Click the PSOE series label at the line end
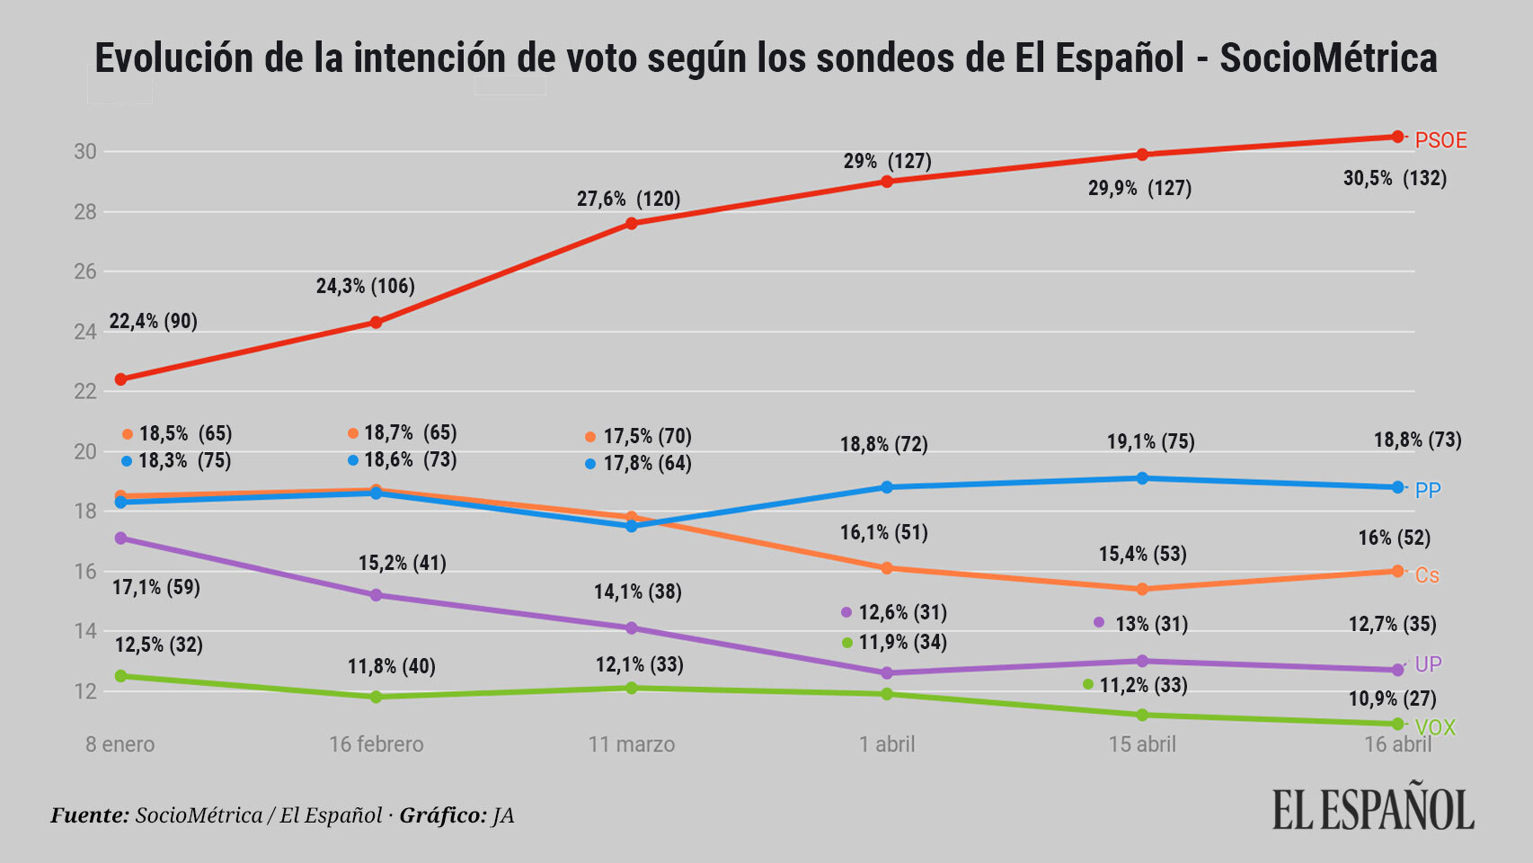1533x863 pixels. (1440, 140)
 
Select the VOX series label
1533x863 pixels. (1435, 727)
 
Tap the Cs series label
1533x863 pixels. (1427, 575)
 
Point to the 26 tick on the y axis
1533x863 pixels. (85, 271)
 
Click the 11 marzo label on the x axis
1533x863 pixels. (631, 744)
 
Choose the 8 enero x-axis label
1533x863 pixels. (120, 744)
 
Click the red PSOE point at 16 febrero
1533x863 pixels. (376, 322)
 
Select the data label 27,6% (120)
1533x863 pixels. (628, 199)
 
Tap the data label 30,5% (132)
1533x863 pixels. (1395, 178)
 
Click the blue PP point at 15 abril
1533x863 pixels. (1142, 478)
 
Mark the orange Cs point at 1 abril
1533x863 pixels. (887, 568)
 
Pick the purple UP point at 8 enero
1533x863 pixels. (120, 538)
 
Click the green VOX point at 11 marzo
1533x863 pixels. (631, 688)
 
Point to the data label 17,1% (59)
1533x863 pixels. (156, 587)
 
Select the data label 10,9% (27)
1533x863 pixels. (1392, 698)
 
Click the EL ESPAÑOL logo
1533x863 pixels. (1373, 809)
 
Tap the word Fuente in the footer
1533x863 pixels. (90, 815)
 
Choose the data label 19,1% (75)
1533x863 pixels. (1150, 441)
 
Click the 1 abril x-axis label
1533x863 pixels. (887, 744)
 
